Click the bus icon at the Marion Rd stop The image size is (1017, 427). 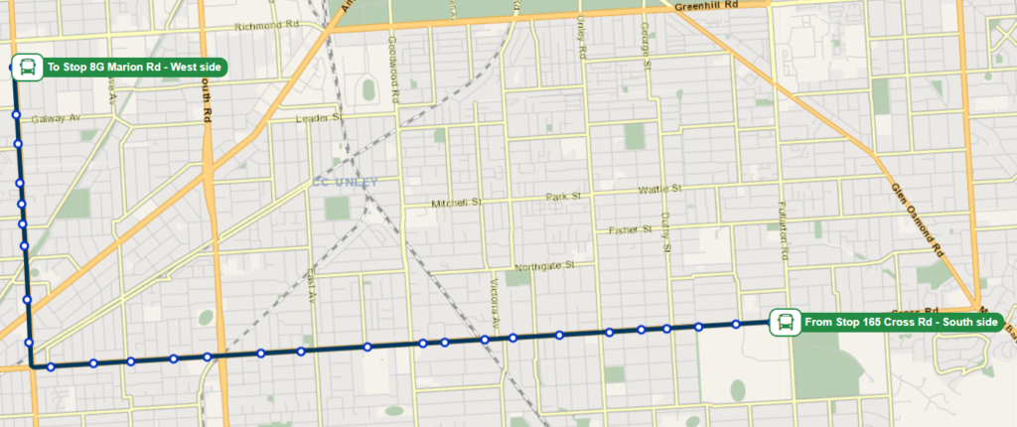click(x=26, y=68)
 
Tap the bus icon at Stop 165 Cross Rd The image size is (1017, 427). click(x=785, y=322)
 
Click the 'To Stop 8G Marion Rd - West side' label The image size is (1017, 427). click(x=134, y=68)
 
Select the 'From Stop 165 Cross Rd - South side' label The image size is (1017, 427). click(x=900, y=322)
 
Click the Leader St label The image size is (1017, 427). click(x=319, y=118)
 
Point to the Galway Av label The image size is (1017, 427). click(x=55, y=118)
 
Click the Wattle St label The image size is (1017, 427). click(x=659, y=189)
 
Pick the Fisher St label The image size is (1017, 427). click(x=629, y=230)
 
